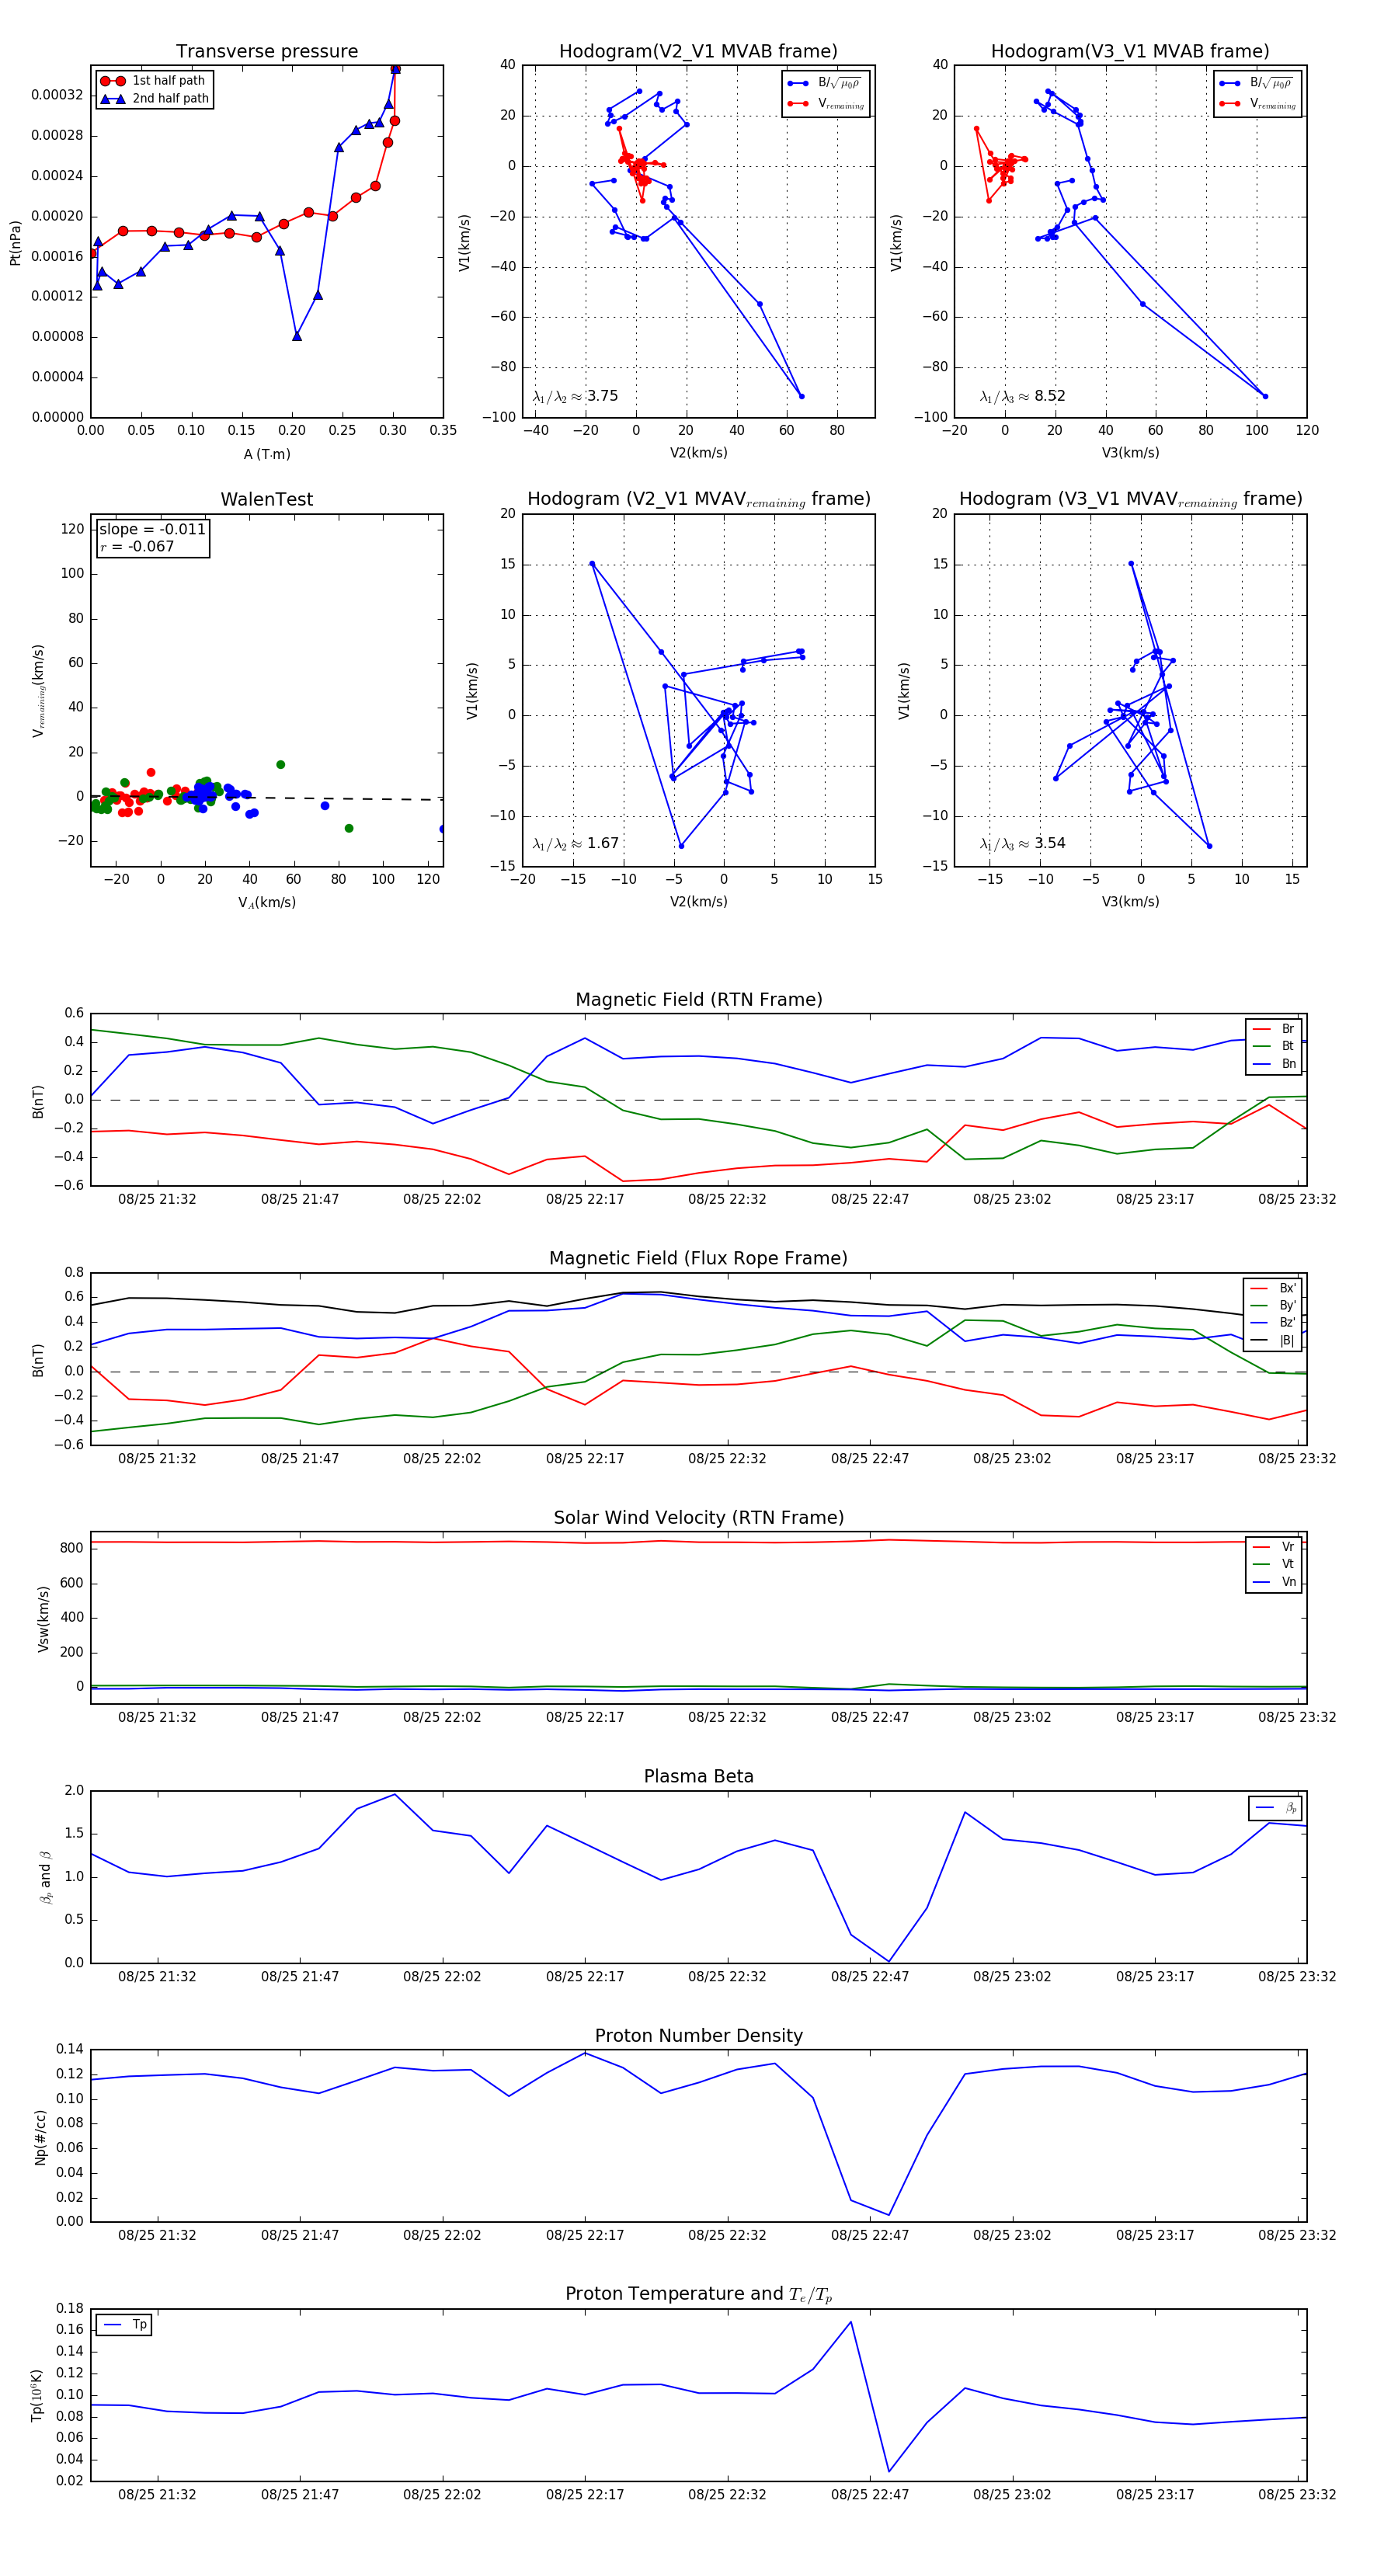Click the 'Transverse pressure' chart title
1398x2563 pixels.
(x=266, y=52)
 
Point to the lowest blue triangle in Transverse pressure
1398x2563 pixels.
(x=297, y=336)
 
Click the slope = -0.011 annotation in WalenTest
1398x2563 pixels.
(x=152, y=530)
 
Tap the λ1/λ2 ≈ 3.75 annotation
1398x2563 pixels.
(x=575, y=396)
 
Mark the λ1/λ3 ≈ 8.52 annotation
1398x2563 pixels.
(x=1022, y=396)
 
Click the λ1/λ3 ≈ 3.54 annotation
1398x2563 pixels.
(x=1022, y=843)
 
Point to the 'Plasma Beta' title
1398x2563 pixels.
(x=698, y=1776)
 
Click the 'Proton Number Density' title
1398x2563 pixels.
(x=698, y=2036)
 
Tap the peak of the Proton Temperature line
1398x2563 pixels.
(x=850, y=2322)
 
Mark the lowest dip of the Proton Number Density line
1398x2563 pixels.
(x=889, y=2215)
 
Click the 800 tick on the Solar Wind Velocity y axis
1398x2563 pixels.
(x=71, y=1548)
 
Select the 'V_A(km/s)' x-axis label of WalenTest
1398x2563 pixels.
(x=266, y=902)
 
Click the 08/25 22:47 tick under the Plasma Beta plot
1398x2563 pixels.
(x=870, y=1976)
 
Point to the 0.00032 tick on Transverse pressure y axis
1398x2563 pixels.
(x=57, y=96)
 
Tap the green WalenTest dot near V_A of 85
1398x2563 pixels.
(x=348, y=828)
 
